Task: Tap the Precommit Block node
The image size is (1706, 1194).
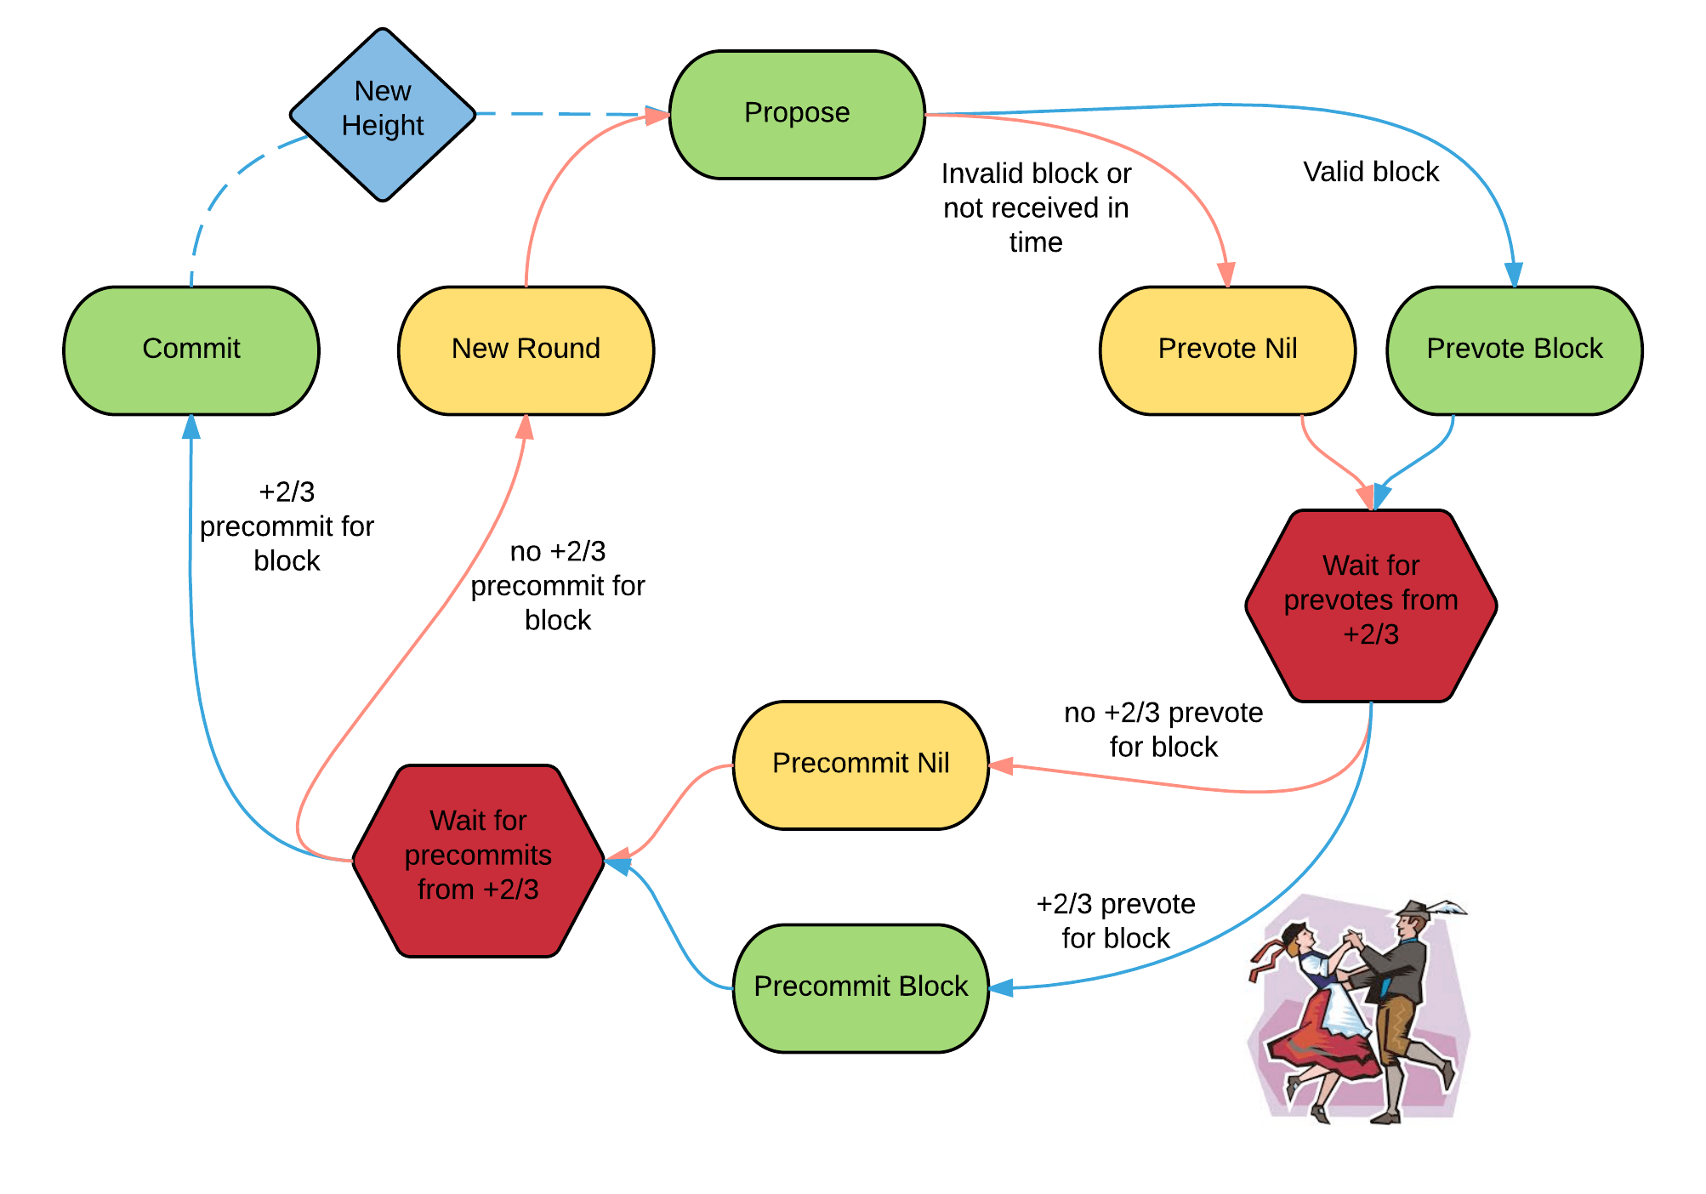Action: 861,987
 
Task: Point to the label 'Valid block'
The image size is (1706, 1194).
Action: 1371,173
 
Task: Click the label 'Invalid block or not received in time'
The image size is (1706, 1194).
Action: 1036,208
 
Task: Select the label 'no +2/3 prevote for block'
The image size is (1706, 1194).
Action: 1163,730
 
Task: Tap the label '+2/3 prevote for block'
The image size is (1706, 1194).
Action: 1116,921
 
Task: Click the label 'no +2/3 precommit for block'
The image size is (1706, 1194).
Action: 558,586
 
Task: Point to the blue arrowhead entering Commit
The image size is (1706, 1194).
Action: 191,427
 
